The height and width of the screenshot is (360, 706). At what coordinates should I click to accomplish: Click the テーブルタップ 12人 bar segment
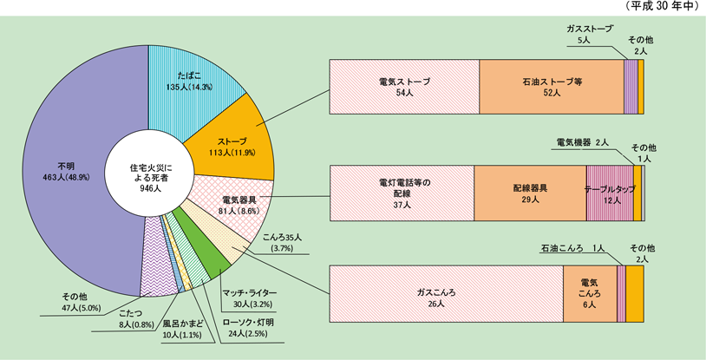point(610,192)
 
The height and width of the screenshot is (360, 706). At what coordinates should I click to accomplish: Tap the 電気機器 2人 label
point(580,141)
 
